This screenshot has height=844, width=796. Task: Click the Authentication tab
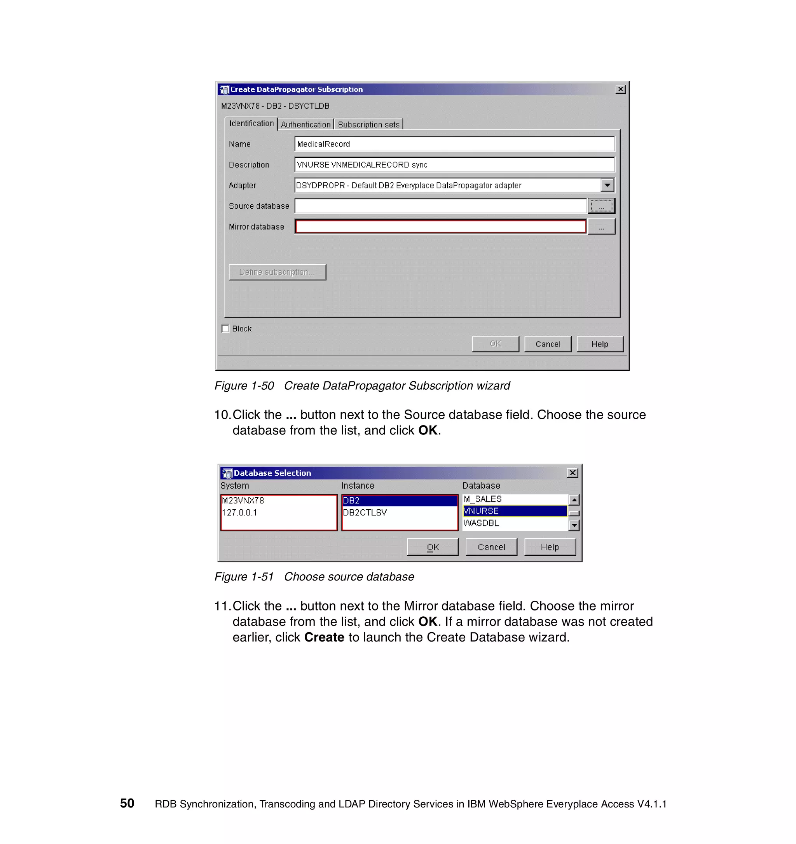[x=305, y=124]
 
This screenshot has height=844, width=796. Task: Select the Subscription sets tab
[x=368, y=124]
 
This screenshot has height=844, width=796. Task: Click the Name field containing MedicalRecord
[x=454, y=144]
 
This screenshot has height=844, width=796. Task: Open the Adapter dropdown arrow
[x=607, y=185]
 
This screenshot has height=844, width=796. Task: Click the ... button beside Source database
[x=601, y=206]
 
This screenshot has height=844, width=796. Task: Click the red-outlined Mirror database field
[x=440, y=227]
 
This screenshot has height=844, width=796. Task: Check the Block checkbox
[x=225, y=329]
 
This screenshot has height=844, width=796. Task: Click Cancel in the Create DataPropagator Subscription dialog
[x=547, y=344]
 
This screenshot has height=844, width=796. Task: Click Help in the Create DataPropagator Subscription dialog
[x=599, y=344]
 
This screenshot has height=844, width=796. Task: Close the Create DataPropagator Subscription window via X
[x=620, y=89]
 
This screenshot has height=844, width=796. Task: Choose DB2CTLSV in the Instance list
[x=365, y=513]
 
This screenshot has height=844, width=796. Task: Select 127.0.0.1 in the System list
[x=239, y=513]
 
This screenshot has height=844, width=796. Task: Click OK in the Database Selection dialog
[x=432, y=547]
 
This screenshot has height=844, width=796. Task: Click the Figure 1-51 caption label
[x=314, y=577]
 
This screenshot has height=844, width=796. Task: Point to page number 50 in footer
[x=127, y=803]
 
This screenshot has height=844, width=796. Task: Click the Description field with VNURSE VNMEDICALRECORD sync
[x=454, y=165]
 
